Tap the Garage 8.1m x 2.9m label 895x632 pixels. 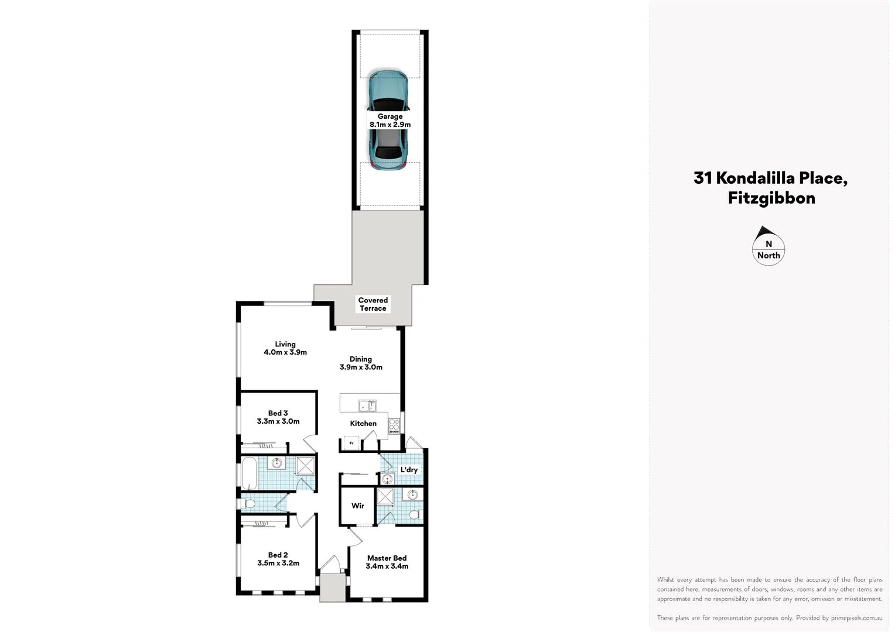coord(390,121)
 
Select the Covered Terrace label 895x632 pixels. coord(373,304)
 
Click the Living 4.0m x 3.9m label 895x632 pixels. coord(285,348)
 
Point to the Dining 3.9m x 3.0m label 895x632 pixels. coord(361,363)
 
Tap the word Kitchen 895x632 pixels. coord(363,424)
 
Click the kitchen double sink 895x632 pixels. coord(368,405)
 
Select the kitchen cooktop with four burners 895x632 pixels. coord(394,425)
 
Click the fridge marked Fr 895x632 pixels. coord(351,443)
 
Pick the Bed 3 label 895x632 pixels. coord(278,417)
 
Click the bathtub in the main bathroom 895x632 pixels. coord(248,473)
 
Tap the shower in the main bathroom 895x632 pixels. coord(305,465)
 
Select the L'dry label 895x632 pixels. coord(409,470)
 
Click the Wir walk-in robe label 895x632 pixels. coord(358,506)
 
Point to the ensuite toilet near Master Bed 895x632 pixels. coord(415,515)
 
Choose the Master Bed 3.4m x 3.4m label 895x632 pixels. coord(387,562)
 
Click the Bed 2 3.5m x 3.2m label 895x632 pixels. coord(278,559)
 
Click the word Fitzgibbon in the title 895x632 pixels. coord(771,198)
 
